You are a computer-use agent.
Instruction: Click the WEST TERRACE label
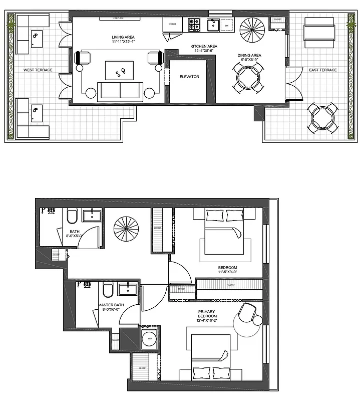38,70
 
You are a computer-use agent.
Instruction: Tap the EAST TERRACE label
323,70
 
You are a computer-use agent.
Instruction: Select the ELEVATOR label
189,77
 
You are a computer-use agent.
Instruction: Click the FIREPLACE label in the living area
119,19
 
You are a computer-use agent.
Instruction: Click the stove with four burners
194,24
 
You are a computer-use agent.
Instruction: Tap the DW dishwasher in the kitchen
227,24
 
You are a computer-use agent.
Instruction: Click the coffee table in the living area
119,70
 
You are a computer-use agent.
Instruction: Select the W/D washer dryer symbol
149,338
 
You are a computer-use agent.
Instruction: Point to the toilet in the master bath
108,291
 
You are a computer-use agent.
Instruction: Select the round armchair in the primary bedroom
247,314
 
